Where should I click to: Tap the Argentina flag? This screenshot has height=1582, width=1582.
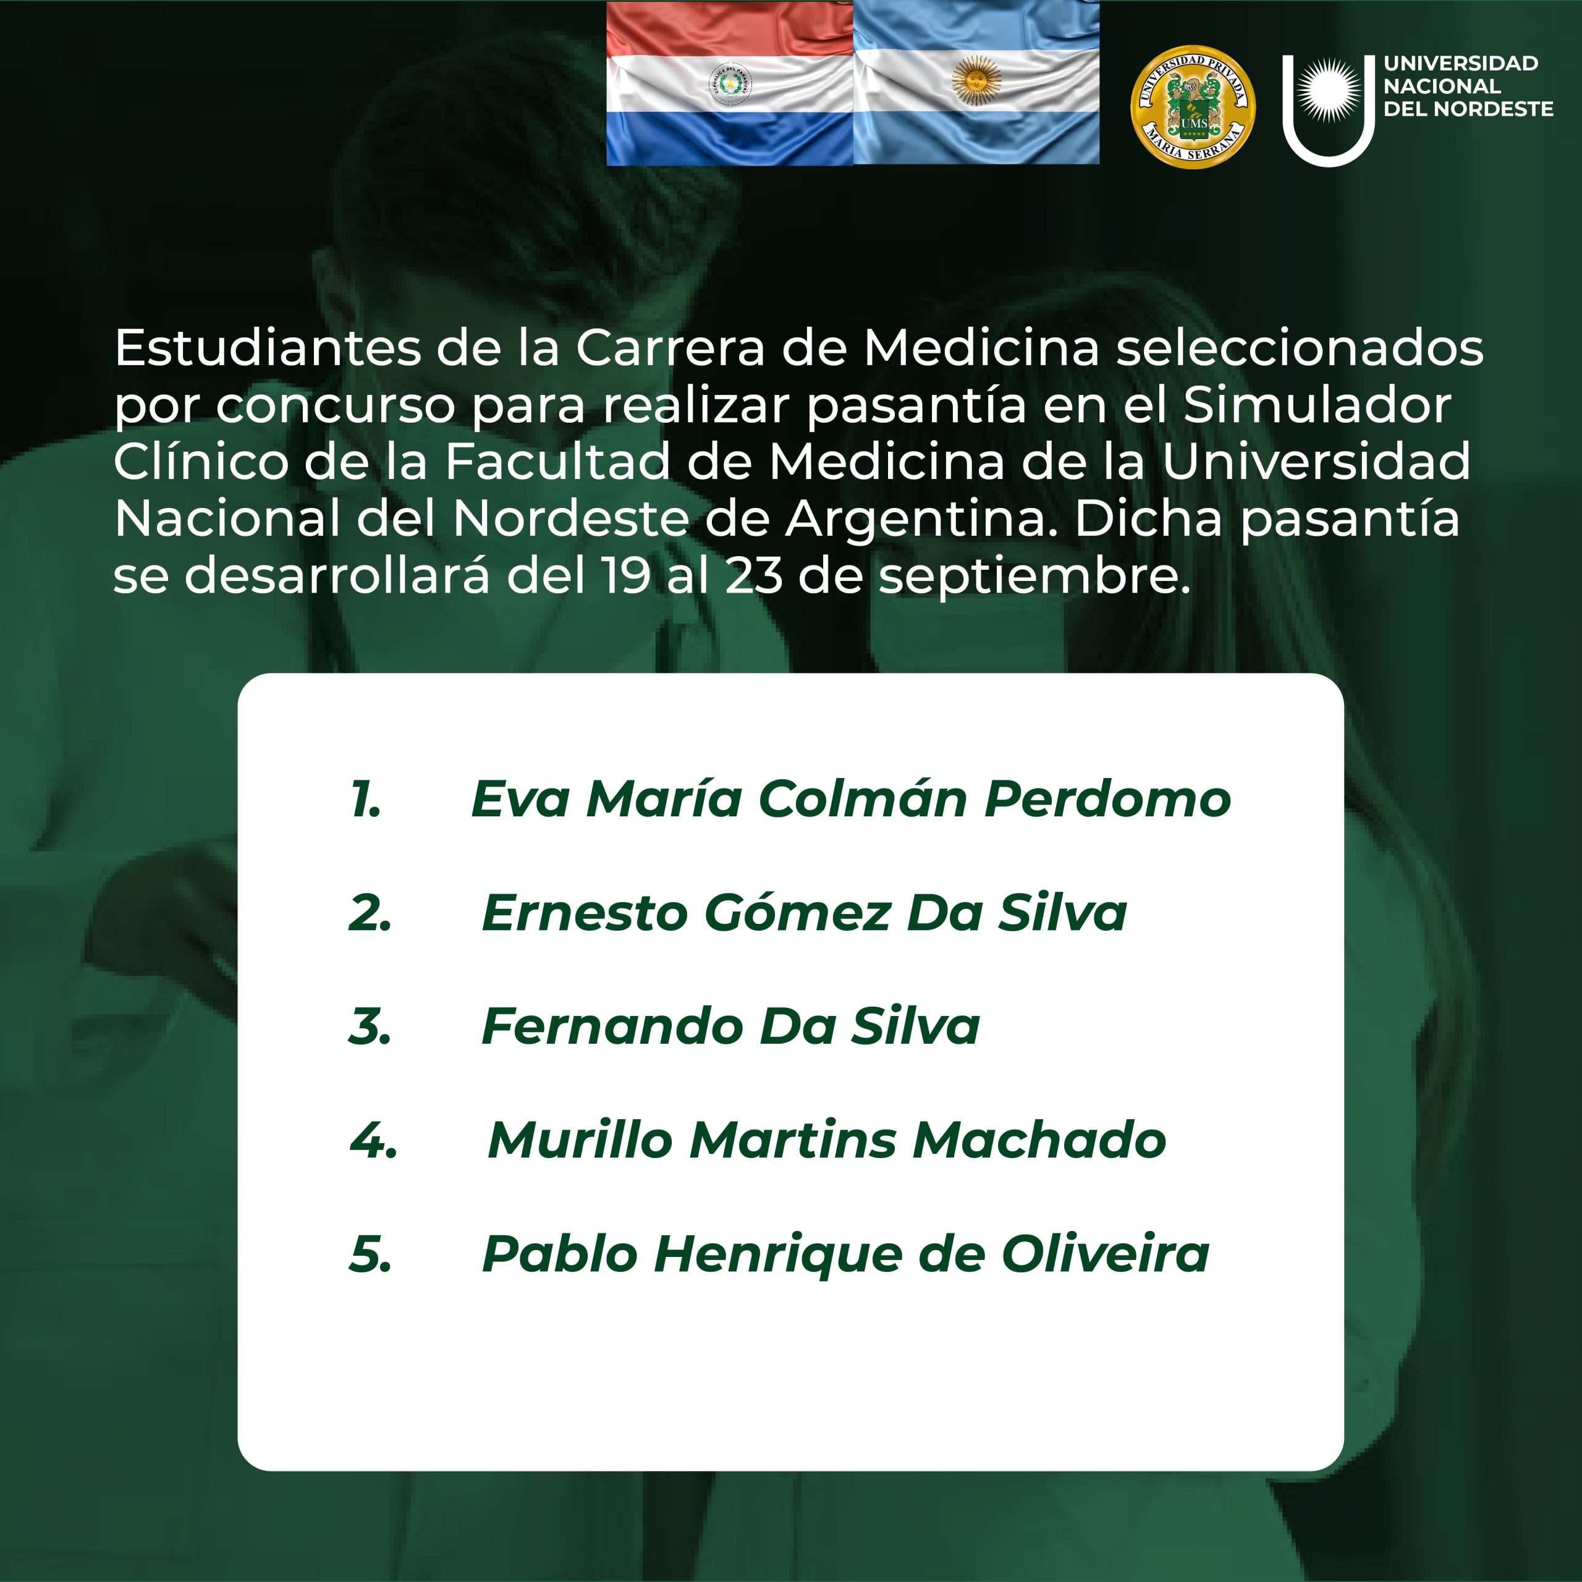pos(976,83)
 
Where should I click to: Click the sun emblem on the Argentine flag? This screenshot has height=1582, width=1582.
pos(976,80)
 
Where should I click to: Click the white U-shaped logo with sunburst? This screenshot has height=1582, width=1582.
pos(1328,111)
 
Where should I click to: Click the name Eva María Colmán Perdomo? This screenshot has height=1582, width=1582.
pos(851,798)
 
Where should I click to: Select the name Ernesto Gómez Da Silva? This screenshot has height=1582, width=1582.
pos(804,912)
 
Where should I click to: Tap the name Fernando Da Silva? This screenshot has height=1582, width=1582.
pos(730,1026)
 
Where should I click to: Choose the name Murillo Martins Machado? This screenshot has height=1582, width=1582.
pos(827,1139)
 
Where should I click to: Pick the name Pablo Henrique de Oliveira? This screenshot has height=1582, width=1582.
pos(845,1254)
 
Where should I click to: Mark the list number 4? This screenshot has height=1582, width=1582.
pos(373,1140)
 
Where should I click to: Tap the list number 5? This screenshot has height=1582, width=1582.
pos(370,1254)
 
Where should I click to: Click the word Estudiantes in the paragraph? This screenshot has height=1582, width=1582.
pos(268,348)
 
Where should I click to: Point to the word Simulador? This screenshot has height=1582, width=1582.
pos(1318,405)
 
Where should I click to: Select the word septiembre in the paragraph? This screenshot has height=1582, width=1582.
pos(1034,577)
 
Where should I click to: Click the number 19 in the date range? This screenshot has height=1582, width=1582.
pos(625,576)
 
